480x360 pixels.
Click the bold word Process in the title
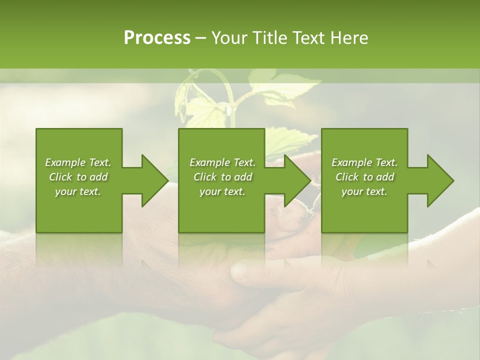(157, 38)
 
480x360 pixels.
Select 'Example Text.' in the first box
(78, 162)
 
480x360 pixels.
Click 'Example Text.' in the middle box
(222, 162)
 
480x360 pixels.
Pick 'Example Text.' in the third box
(364, 162)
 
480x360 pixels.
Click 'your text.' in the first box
(78, 191)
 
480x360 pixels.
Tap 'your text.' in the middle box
(222, 191)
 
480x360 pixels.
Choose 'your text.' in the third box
(364, 191)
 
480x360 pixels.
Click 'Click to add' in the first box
(78, 177)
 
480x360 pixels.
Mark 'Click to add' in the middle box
(222, 177)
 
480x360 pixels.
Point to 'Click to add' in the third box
(364, 177)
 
